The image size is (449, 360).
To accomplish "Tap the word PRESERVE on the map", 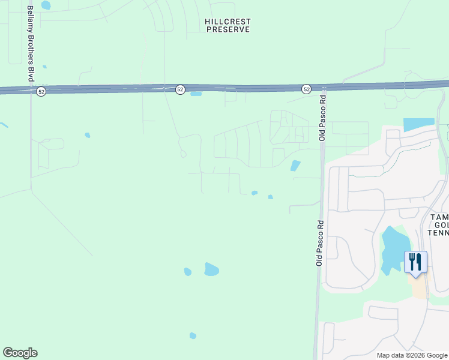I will coord(228,29).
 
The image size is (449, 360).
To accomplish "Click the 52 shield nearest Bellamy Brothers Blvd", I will coord(41,91).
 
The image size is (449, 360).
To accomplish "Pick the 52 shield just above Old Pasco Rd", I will coord(306,89).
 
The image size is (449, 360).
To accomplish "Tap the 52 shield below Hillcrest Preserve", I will coord(180,89).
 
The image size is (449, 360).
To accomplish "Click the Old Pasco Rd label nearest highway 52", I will coord(322,118).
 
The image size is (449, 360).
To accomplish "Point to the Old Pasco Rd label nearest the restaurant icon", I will coord(320,242).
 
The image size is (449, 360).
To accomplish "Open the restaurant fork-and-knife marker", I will coord(415,262).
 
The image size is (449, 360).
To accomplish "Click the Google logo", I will coord(20,353).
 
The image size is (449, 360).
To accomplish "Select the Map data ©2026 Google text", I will coord(412,355).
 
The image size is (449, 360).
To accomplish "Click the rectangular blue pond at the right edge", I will coord(418,125).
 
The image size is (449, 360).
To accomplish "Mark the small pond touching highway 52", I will coord(196,94).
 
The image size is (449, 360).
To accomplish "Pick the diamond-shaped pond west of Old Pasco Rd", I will coord(295,166).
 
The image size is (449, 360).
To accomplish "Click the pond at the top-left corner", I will coord(46,5).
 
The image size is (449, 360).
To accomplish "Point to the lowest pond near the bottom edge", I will coord(193,335).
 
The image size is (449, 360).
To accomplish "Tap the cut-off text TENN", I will coord(438,232).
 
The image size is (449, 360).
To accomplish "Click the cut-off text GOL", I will coord(441,224).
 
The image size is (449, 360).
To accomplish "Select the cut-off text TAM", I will coord(439,217).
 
